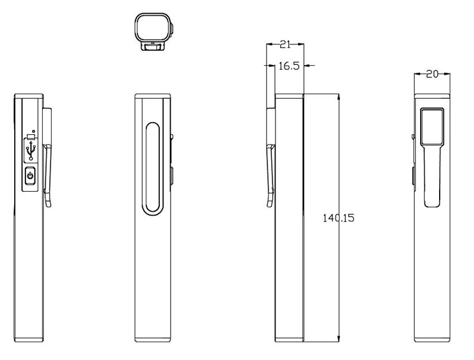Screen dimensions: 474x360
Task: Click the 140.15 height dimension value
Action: (x=338, y=218)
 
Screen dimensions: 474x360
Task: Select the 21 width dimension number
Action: (x=285, y=44)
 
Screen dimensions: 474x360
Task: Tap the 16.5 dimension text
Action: (x=289, y=66)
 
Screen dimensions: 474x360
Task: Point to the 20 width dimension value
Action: (x=432, y=74)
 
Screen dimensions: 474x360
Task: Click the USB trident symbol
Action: (x=31, y=150)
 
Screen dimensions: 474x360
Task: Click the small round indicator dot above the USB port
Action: (x=33, y=131)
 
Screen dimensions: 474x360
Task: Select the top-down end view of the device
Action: (x=154, y=32)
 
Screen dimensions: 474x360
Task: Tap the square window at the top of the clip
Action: (x=433, y=126)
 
